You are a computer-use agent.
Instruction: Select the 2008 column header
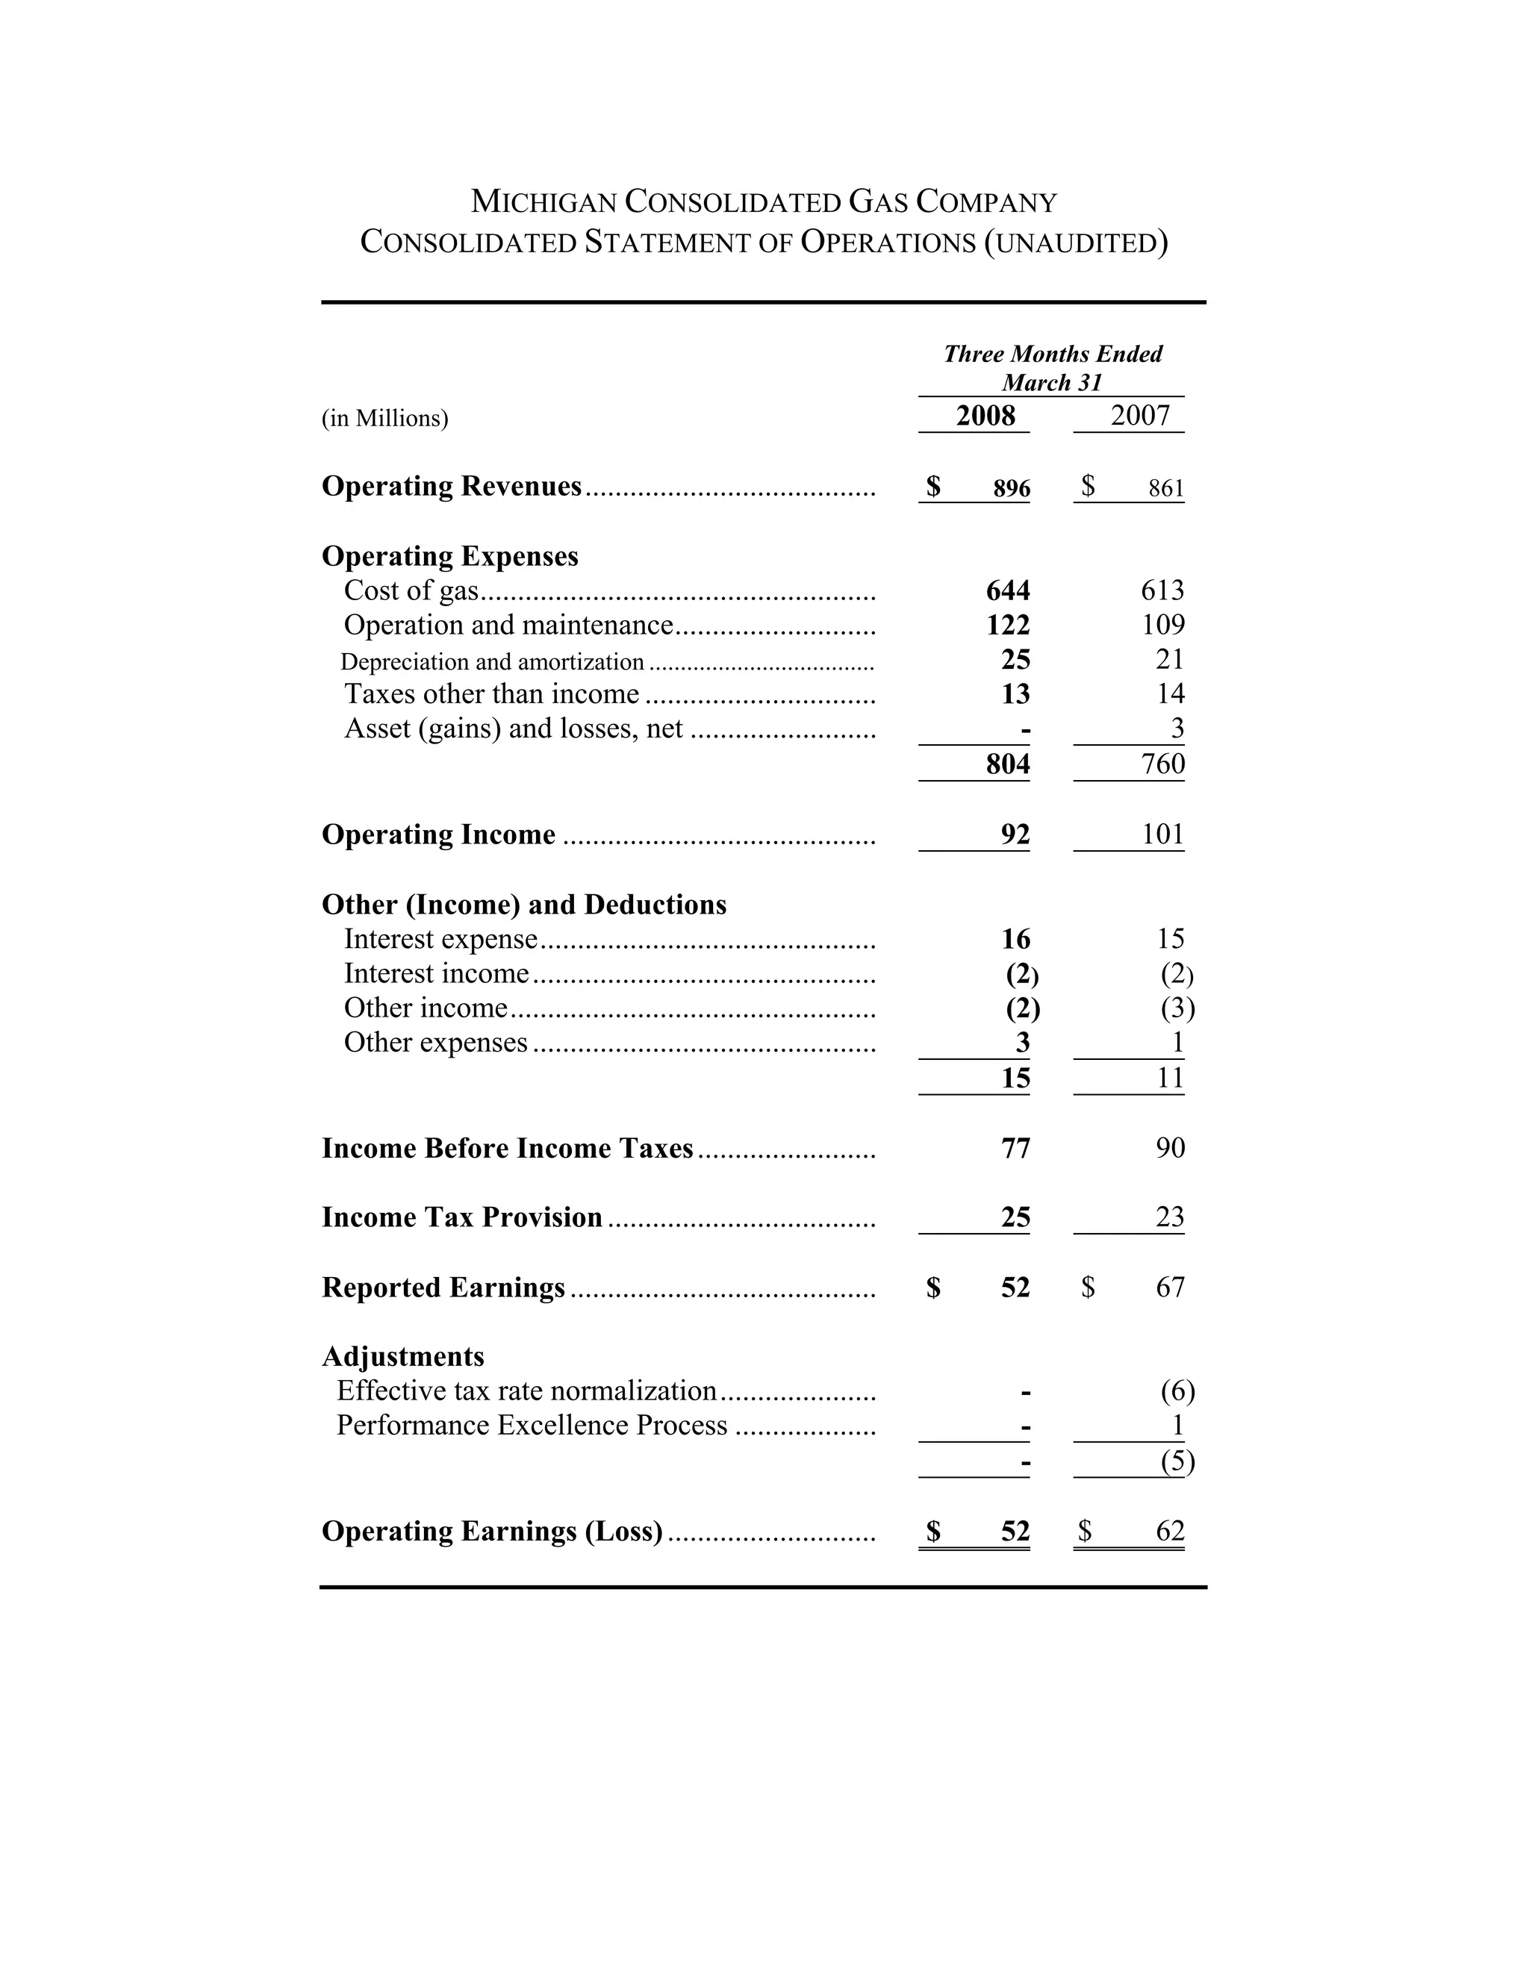[x=985, y=416]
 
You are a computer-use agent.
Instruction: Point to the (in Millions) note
[x=385, y=419]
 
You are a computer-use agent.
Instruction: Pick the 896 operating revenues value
[x=1011, y=489]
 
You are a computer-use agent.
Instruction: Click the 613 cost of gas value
[x=1162, y=590]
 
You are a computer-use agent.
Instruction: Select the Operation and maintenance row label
[x=508, y=625]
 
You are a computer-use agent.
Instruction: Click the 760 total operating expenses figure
[x=1162, y=764]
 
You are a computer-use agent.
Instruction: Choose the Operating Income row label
[x=438, y=834]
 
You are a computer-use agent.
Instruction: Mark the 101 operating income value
[x=1162, y=834]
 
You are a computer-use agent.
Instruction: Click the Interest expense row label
[x=441, y=939]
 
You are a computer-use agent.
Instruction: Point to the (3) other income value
[x=1177, y=1008]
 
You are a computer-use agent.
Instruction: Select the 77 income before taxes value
[x=1015, y=1149]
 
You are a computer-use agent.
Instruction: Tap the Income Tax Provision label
[x=462, y=1217]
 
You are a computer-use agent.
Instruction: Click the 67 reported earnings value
[x=1169, y=1287]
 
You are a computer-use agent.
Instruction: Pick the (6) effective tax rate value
[x=1177, y=1391]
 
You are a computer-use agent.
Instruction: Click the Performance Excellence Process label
[x=532, y=1426]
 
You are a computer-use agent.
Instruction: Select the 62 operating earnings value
[x=1169, y=1531]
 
